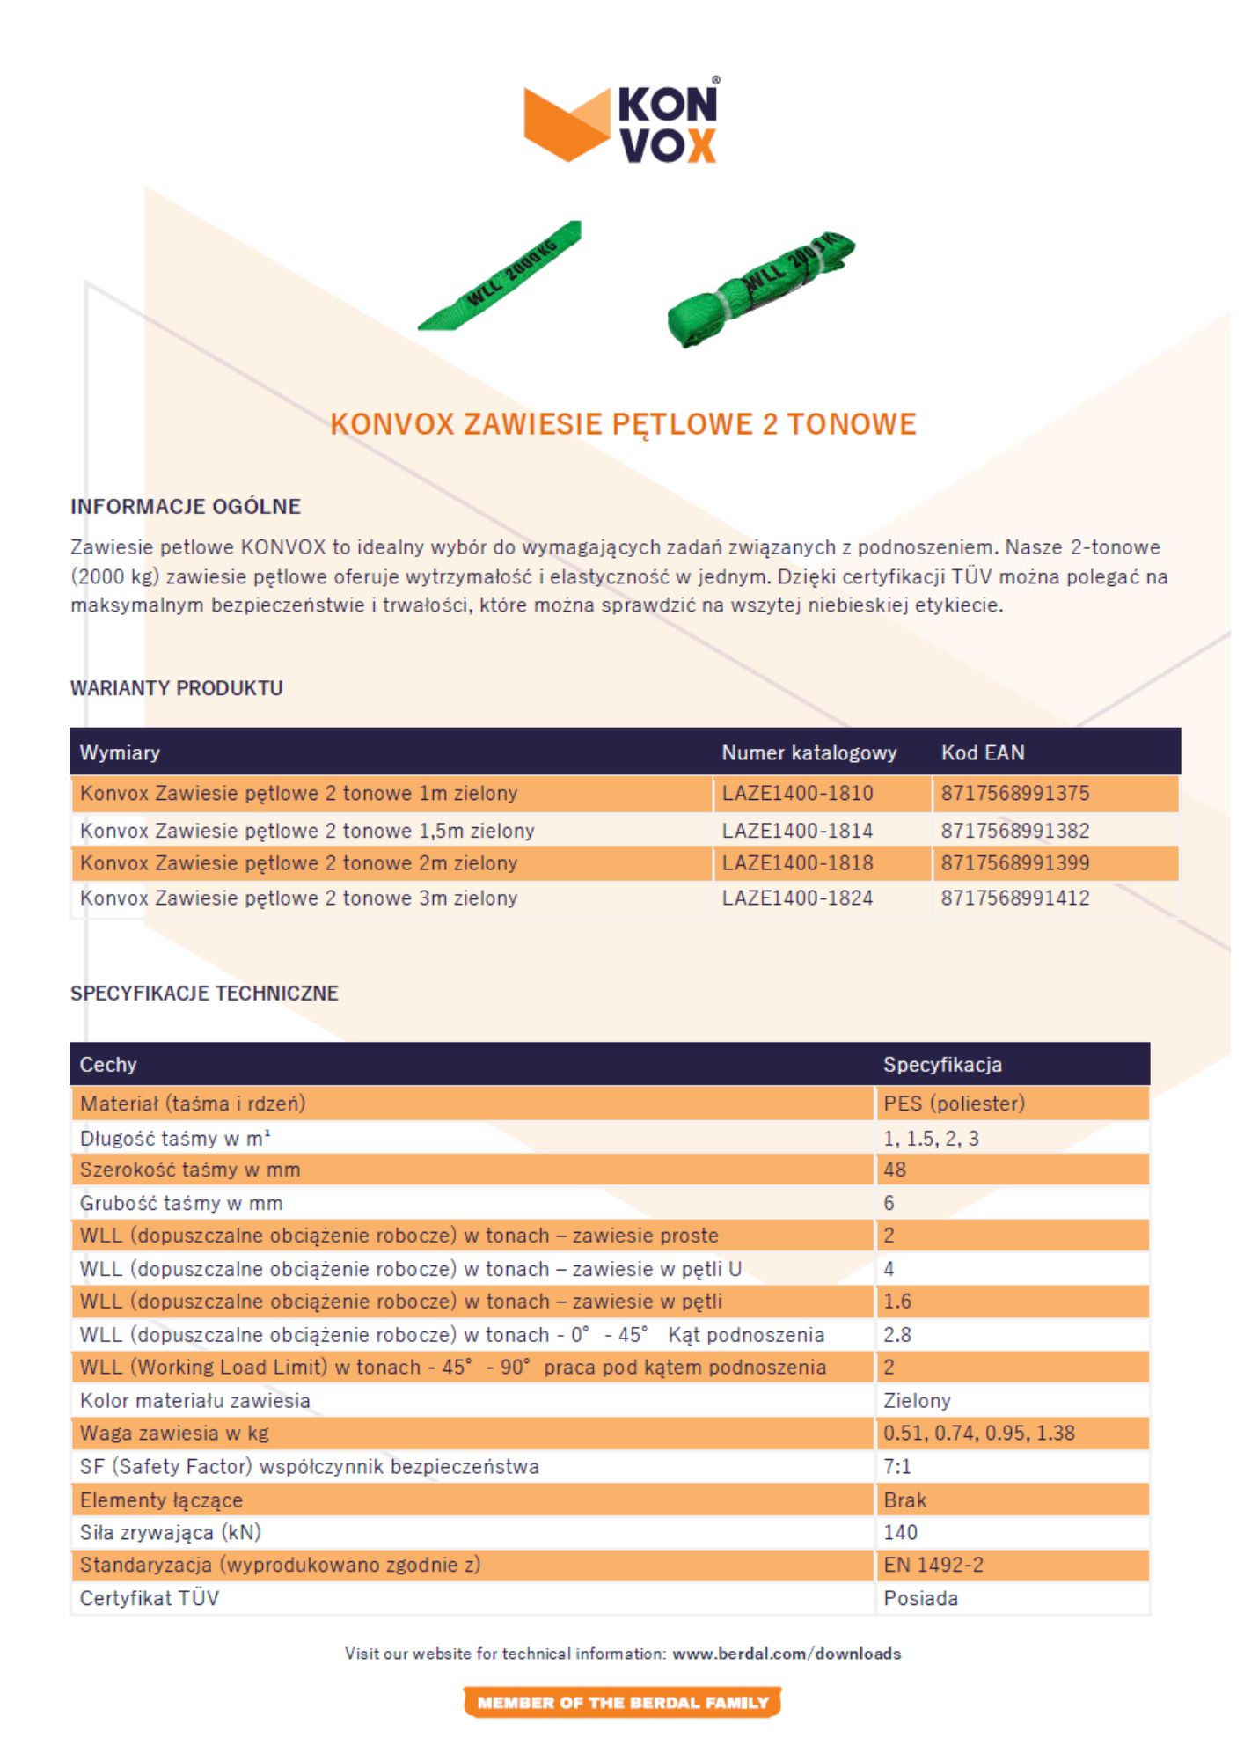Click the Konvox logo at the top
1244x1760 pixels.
621,122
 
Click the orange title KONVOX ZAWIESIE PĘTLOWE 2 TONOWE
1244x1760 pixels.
623,424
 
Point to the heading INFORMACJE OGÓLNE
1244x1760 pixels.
186,507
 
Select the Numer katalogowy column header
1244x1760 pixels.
809,752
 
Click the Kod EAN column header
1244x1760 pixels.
983,752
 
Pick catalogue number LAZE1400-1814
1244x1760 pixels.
797,830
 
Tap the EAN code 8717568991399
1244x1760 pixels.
1015,863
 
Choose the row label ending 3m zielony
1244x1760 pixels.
298,898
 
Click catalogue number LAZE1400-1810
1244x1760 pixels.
797,793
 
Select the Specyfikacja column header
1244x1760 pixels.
942,1064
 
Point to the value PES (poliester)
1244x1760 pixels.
954,1104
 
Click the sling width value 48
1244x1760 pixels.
895,1170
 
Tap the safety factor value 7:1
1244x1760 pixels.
897,1466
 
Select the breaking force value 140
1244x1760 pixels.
900,1532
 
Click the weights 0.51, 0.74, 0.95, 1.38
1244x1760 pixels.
979,1433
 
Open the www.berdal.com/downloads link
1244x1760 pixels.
787,1654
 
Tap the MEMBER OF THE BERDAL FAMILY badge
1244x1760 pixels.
622,1703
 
